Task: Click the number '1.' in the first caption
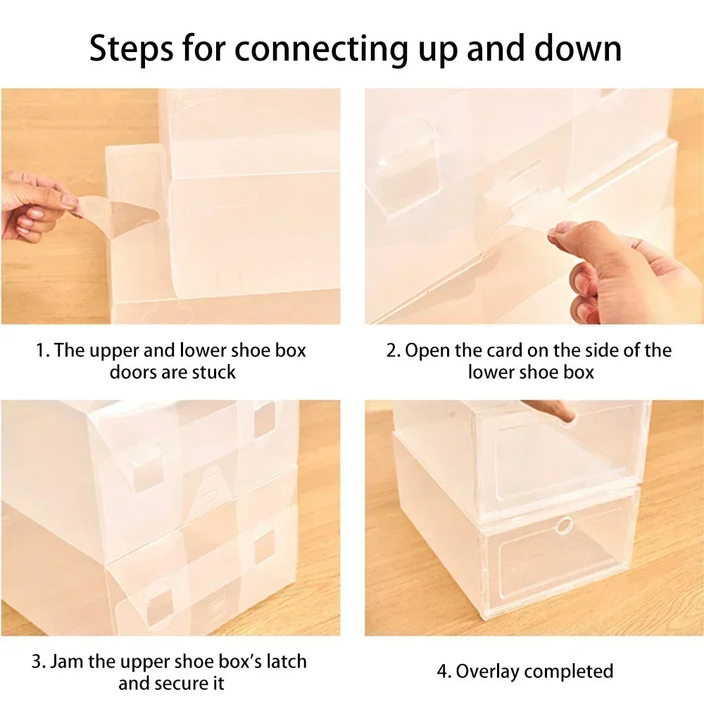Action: pyautogui.click(x=42, y=351)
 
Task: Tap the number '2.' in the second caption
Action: pyautogui.click(x=393, y=351)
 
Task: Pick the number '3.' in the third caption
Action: pyautogui.click(x=39, y=662)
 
